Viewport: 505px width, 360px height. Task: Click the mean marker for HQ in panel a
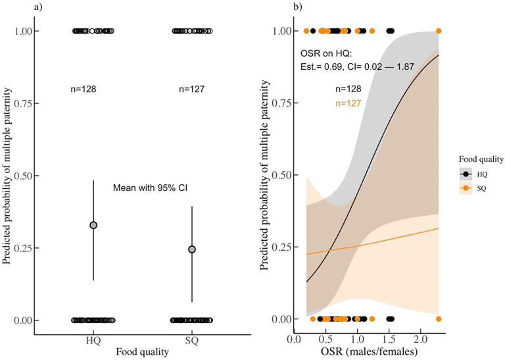tap(93, 225)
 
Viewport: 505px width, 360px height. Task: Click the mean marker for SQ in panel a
tap(192, 249)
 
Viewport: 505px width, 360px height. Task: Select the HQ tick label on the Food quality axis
tap(93, 340)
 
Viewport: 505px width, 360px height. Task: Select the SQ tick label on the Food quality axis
tap(192, 340)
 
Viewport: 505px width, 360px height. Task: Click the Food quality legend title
tap(481, 159)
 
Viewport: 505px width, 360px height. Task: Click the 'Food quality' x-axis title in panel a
tap(143, 352)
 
